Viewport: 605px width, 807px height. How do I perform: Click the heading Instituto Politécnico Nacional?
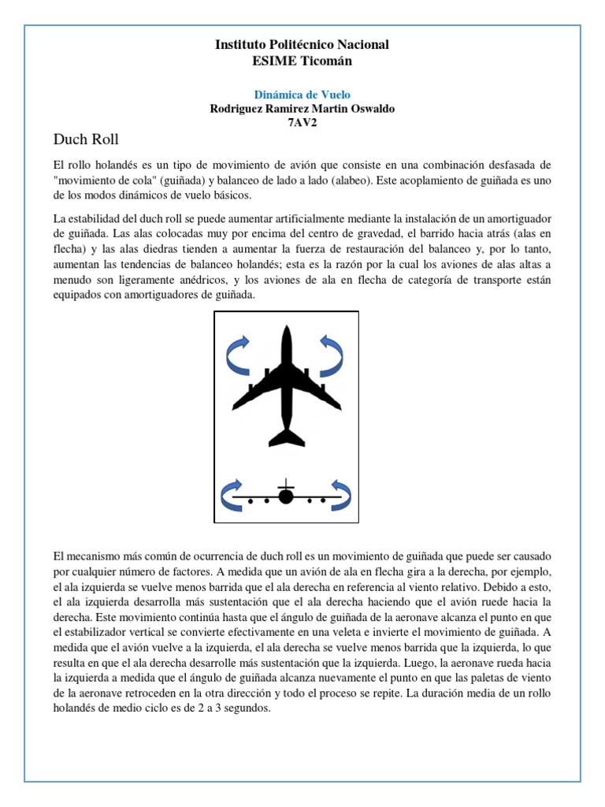pyautogui.click(x=302, y=45)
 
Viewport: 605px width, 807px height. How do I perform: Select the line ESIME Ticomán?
pyautogui.click(x=302, y=61)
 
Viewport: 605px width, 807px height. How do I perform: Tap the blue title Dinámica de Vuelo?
pyautogui.click(x=302, y=95)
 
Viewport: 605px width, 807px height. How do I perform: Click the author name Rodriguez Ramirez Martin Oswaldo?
pyautogui.click(x=302, y=109)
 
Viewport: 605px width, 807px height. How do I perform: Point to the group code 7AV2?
pyautogui.click(x=302, y=123)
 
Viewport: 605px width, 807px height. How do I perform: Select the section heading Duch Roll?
pyautogui.click(x=86, y=140)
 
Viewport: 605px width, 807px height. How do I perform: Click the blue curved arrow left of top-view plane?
pyautogui.click(x=237, y=355)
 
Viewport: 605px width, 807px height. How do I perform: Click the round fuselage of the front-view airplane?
pyautogui.click(x=285, y=496)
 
